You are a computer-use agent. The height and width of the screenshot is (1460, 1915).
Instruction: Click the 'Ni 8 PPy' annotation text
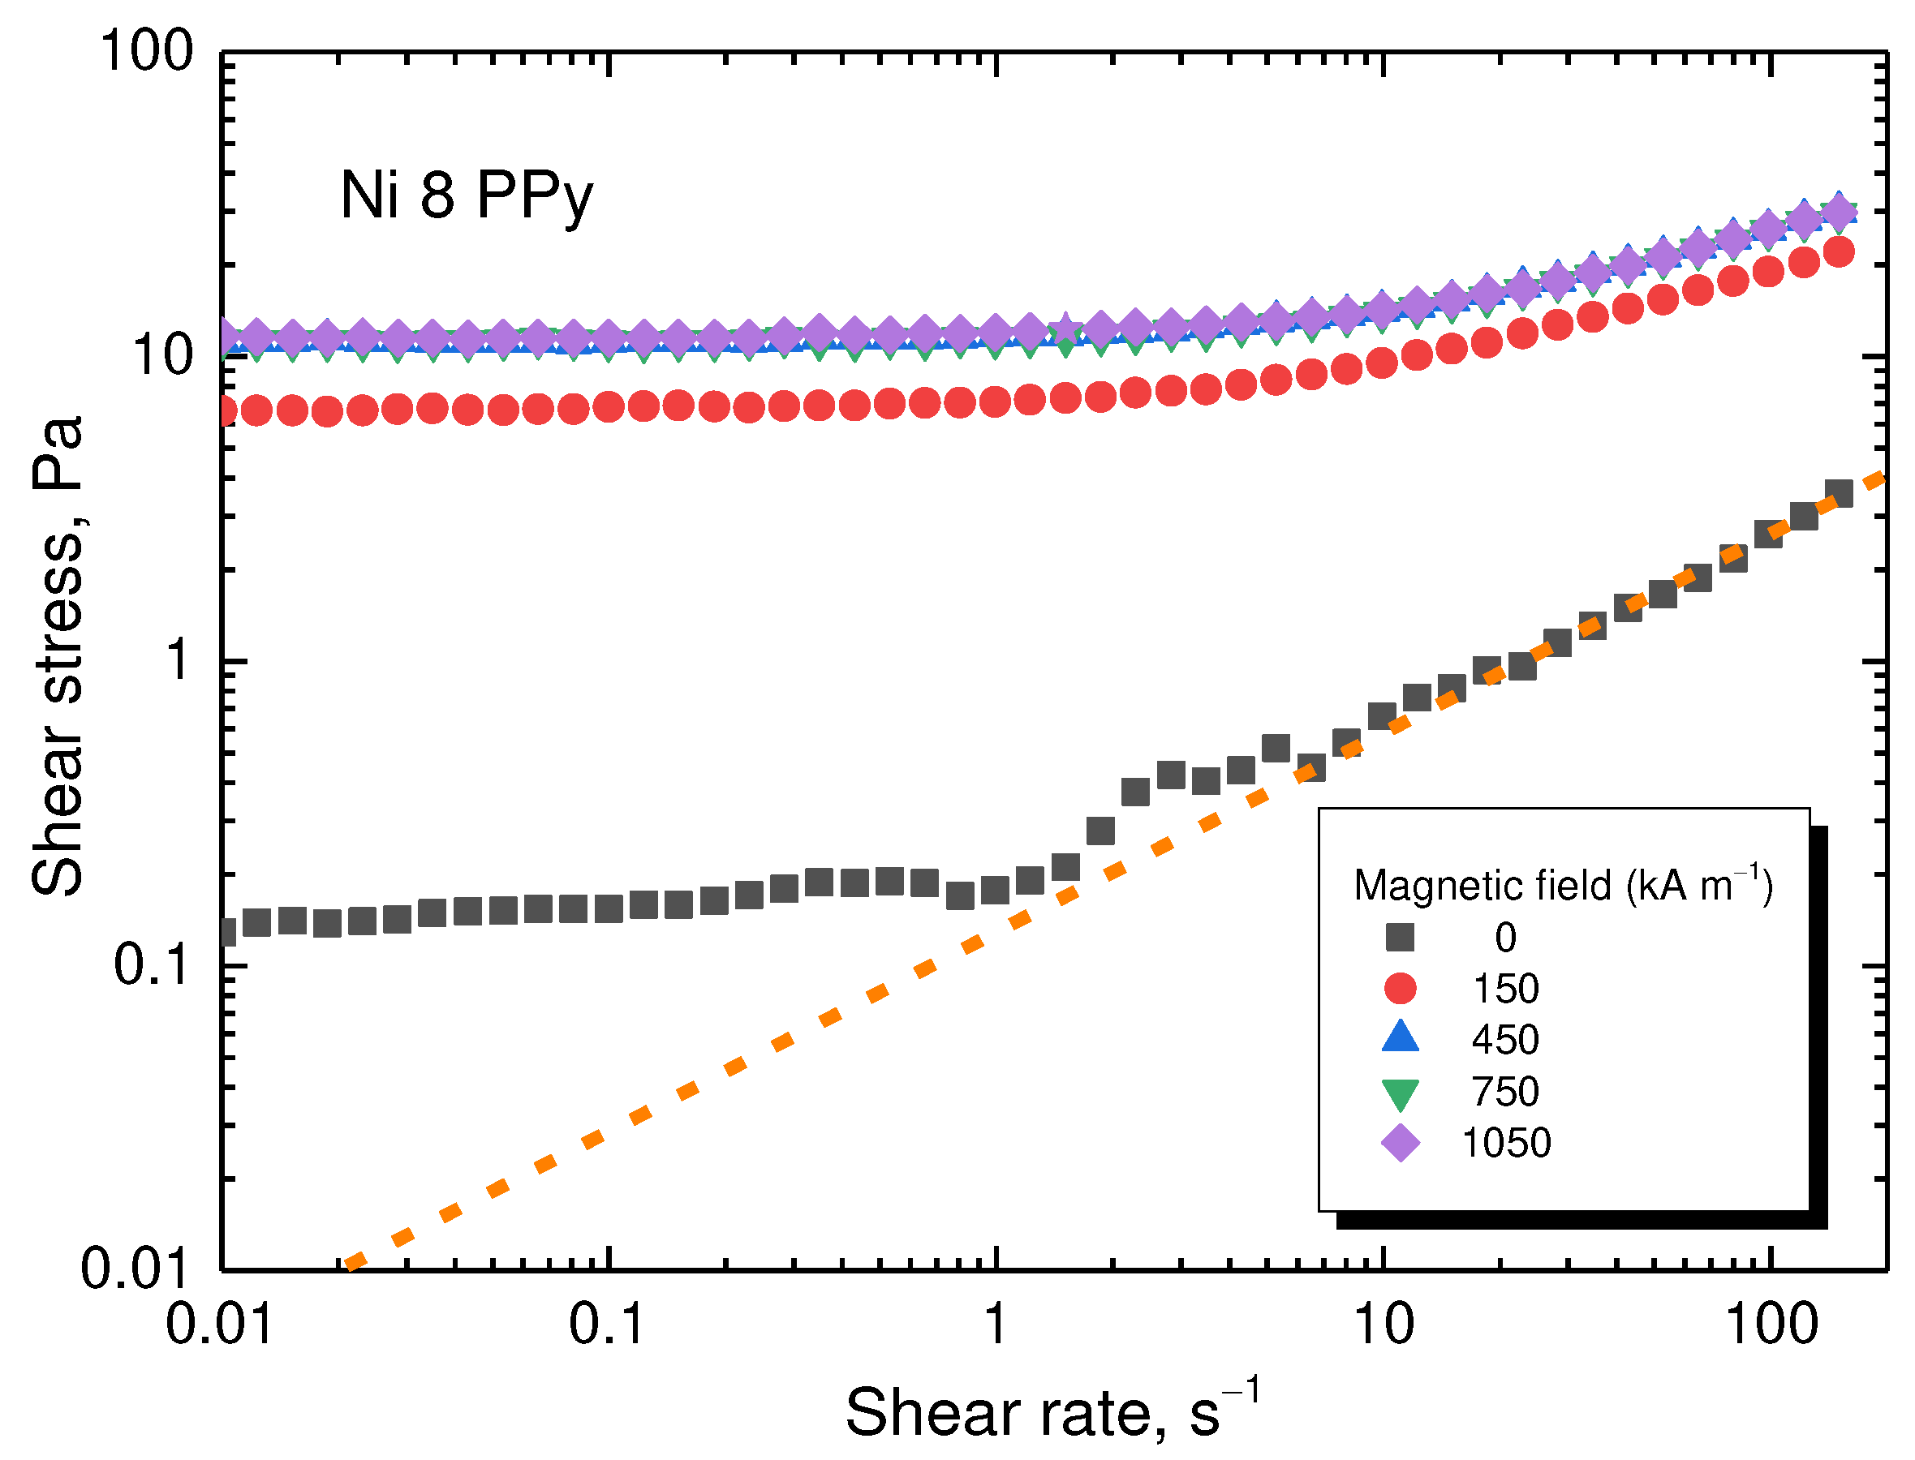[466, 196]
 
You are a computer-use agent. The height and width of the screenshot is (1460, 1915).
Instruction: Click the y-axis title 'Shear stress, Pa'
[58, 656]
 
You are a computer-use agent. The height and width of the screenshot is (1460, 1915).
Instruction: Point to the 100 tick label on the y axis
[146, 52]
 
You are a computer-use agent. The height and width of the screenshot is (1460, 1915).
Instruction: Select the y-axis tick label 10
[161, 356]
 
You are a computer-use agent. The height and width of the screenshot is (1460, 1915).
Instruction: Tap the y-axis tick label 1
[179, 660]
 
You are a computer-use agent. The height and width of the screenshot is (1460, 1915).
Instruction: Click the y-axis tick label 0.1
[151, 964]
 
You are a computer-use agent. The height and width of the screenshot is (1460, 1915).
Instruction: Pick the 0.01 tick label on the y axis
[135, 1269]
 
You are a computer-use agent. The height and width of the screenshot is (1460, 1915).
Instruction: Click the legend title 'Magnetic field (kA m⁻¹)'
[1562, 886]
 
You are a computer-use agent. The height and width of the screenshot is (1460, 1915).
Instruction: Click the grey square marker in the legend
[1400, 938]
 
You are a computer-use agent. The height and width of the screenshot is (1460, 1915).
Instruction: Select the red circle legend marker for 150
[1400, 988]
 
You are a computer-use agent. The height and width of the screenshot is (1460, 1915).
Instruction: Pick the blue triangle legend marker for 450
[1400, 1038]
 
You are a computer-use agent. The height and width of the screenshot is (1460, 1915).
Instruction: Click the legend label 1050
[1505, 1143]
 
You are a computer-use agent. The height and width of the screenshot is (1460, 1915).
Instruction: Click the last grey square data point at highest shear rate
[1839, 494]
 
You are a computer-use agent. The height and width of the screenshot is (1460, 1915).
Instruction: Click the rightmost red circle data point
[1839, 252]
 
